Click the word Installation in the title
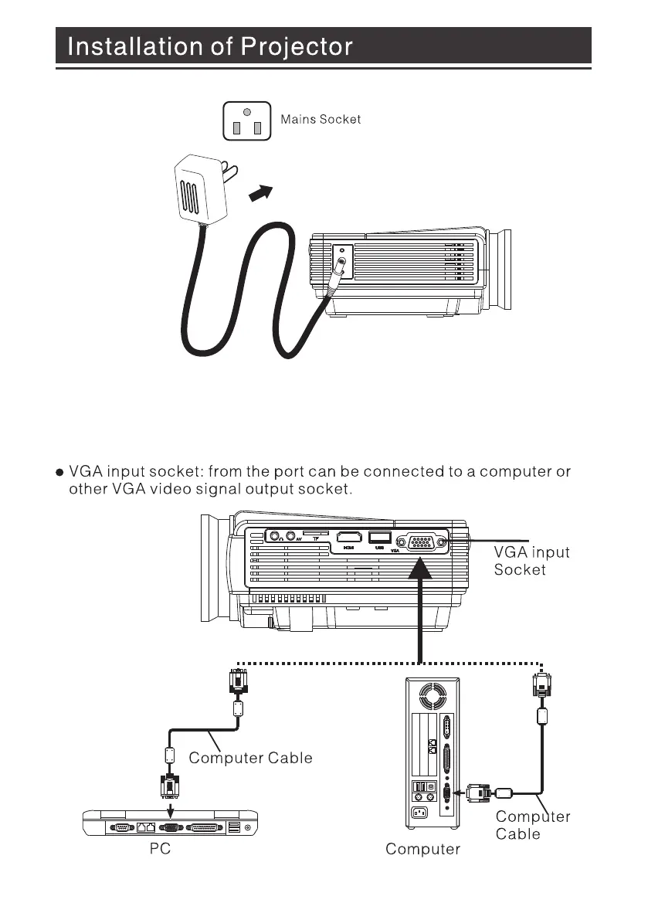coord(124,47)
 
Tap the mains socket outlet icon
coord(246,121)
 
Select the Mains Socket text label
coord(321,120)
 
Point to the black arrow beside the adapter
coord(262,192)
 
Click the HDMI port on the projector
coord(349,538)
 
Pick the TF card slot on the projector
coord(314,534)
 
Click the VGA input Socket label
coord(531,561)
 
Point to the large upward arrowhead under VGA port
coord(419,569)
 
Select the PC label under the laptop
coord(159,850)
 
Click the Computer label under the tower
coord(422,850)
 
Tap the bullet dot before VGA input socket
coord(59,472)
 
